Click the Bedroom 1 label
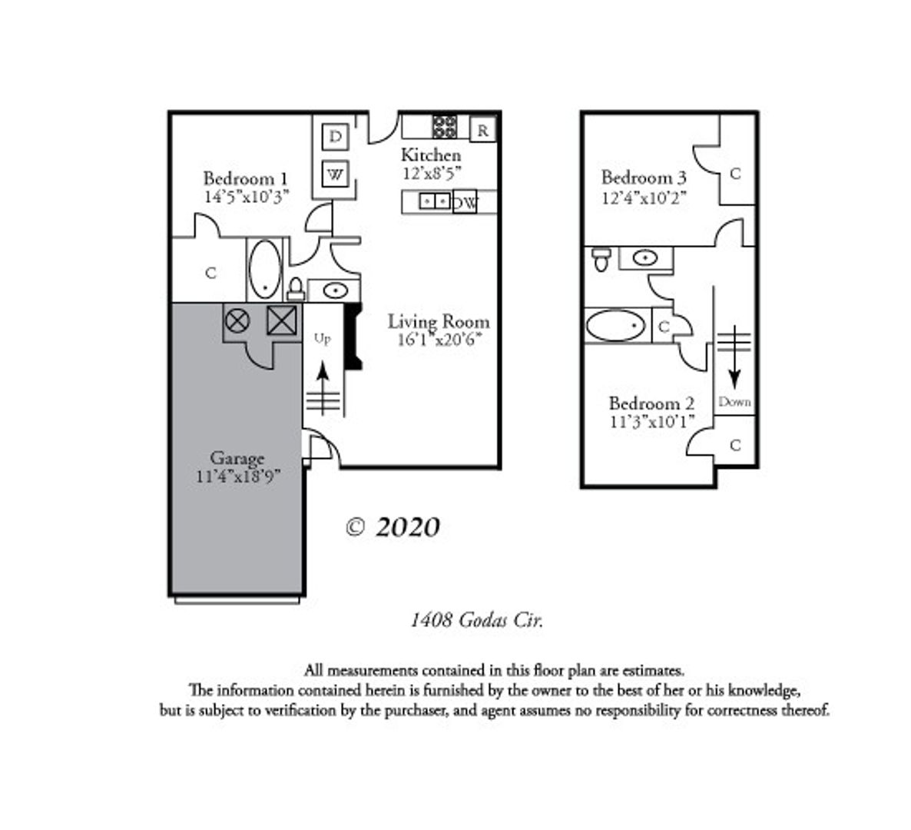(x=245, y=178)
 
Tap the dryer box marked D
(x=335, y=137)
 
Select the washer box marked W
(x=335, y=174)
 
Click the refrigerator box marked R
(x=482, y=130)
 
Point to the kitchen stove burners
(x=445, y=127)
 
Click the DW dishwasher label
(x=465, y=203)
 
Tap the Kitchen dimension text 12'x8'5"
(x=432, y=173)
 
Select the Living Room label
(x=439, y=321)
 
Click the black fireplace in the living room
(x=353, y=336)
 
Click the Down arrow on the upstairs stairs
(x=734, y=357)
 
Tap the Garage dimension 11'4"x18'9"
(x=238, y=476)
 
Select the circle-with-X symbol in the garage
(x=237, y=320)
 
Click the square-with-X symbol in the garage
(x=282, y=320)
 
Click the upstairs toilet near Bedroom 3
(x=601, y=259)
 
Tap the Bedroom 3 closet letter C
(x=735, y=174)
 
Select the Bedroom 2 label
(x=651, y=403)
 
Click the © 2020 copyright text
(x=393, y=527)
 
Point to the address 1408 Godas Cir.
(x=476, y=620)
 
